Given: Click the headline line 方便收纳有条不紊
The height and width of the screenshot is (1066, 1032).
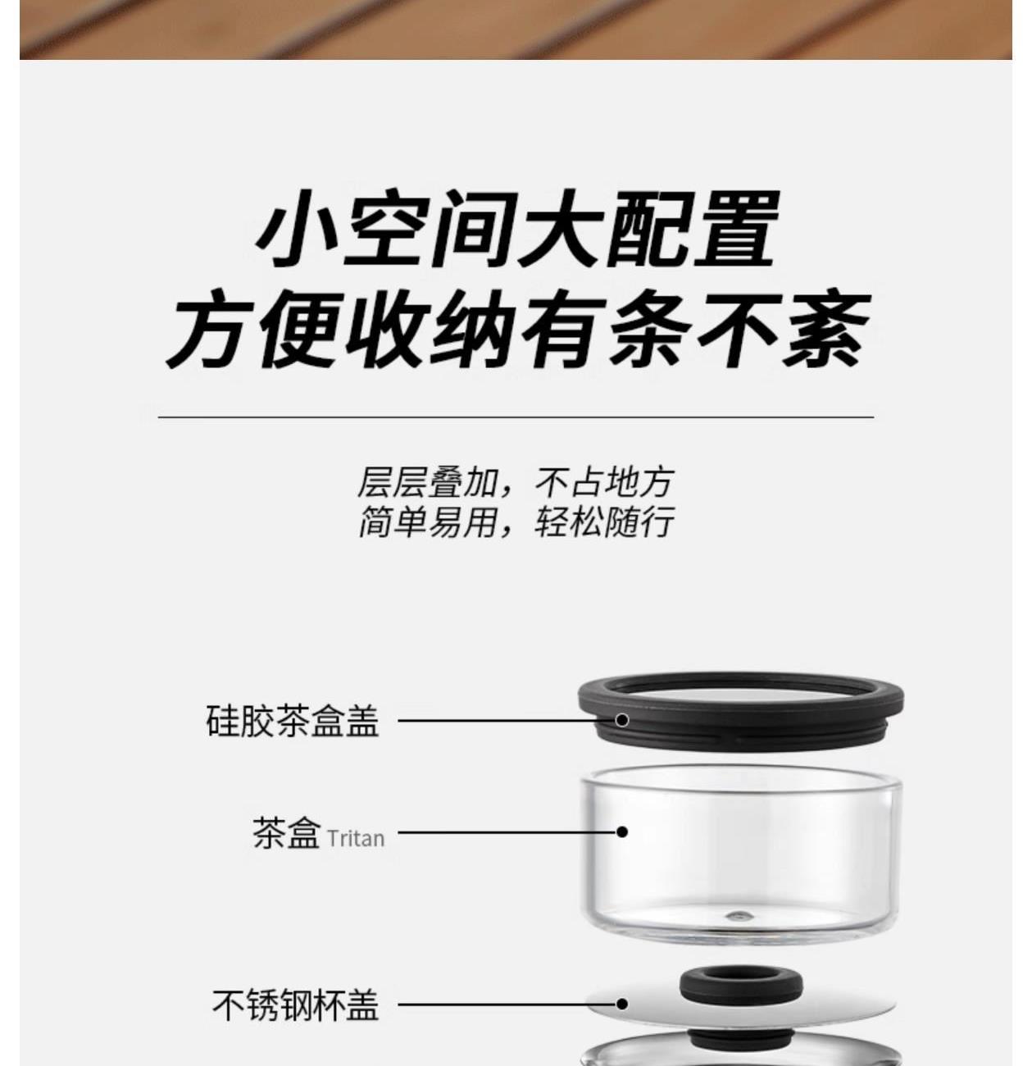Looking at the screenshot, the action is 518,330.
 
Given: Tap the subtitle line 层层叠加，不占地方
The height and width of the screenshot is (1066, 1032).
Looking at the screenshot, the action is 515,483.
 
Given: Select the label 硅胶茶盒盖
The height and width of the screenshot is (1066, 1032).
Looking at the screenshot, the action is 293,721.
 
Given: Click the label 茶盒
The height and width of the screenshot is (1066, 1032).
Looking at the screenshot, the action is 286,832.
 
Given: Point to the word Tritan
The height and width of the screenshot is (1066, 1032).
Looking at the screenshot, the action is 356,839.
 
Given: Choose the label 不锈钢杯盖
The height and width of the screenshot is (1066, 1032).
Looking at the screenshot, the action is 296,1004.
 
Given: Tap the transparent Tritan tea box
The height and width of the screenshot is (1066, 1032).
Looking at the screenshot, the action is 741,854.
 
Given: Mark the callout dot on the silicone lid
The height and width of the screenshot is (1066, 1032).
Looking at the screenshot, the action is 622,720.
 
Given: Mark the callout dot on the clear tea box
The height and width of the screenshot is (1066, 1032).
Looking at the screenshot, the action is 622,831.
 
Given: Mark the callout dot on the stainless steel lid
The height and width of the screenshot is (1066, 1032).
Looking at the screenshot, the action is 621,1004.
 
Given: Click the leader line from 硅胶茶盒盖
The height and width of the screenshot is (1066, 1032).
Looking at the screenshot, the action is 507,720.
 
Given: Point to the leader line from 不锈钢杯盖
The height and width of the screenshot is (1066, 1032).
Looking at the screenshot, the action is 507,1004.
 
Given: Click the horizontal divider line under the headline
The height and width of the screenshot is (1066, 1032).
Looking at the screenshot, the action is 516,417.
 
